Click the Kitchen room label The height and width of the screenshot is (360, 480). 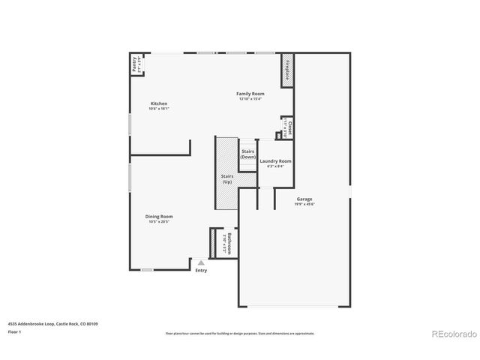point(158,103)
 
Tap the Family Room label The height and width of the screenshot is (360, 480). point(250,94)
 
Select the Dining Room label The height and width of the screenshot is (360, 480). point(158,217)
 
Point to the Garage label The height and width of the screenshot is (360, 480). point(304,199)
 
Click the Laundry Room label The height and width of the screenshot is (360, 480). point(275,161)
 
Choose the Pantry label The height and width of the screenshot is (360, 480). point(134,65)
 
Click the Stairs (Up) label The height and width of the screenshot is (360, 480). point(226,178)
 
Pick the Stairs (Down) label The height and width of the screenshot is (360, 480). point(248,154)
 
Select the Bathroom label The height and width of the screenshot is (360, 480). point(230,244)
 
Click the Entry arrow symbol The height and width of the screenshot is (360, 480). point(200,262)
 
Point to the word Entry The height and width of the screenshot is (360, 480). point(201,271)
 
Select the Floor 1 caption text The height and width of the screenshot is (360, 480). point(14,331)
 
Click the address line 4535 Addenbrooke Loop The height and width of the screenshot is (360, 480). point(52,323)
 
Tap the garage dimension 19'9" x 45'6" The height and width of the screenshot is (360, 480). point(304,204)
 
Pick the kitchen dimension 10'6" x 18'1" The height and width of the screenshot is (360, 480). point(158,109)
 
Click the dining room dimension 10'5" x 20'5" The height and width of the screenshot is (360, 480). point(158,222)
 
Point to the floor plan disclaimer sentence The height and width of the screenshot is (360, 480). point(239,333)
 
